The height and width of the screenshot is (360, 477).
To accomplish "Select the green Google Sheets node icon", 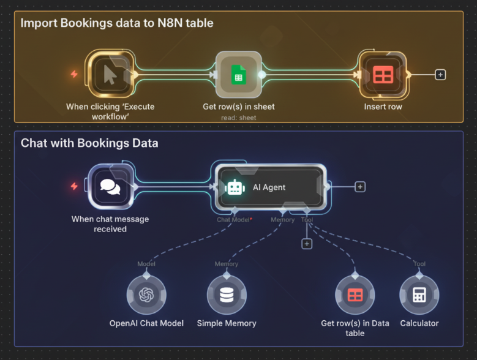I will click(x=238, y=75).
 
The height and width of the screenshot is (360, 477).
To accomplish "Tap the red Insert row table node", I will click(x=383, y=75).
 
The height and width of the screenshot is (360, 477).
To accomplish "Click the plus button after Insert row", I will click(x=440, y=75).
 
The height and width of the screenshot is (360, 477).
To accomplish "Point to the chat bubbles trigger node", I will click(x=110, y=187).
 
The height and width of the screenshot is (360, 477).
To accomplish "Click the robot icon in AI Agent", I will click(x=235, y=187).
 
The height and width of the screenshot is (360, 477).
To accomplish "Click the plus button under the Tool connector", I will click(x=307, y=244).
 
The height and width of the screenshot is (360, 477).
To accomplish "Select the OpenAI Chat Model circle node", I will click(x=146, y=295).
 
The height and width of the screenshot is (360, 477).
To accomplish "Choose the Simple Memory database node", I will click(x=227, y=295).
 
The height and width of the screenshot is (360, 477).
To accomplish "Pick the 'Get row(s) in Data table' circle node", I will click(x=355, y=295).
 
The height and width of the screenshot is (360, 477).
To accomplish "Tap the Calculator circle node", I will click(x=419, y=295).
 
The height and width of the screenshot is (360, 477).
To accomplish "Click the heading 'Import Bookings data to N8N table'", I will click(x=117, y=24).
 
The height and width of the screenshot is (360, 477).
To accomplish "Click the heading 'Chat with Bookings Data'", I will click(x=89, y=143).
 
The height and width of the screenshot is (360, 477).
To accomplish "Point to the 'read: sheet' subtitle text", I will click(x=238, y=118).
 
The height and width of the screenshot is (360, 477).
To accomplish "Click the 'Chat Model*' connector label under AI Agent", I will click(x=234, y=219).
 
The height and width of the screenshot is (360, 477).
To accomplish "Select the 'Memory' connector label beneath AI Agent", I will click(x=283, y=219).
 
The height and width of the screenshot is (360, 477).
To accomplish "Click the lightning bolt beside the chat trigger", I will click(x=74, y=186).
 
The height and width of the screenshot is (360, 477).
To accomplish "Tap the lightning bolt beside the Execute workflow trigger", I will click(x=74, y=74).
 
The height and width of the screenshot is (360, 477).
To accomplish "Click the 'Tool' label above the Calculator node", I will click(x=419, y=264).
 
